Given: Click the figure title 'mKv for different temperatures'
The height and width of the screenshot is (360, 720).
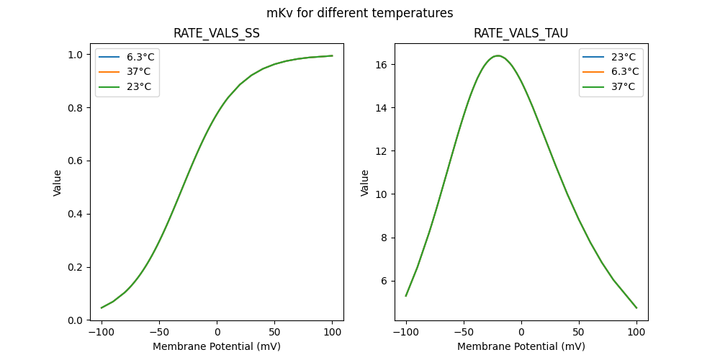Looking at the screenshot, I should (360, 13).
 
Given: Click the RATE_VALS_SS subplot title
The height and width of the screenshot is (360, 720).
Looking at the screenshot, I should (217, 34).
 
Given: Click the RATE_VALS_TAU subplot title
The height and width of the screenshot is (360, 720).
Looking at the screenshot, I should (521, 34).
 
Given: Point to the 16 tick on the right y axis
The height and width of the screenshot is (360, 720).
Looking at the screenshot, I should (383, 65).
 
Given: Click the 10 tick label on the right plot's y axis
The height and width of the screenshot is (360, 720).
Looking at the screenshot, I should (383, 194).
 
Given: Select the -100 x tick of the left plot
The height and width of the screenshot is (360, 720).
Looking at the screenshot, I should (102, 332).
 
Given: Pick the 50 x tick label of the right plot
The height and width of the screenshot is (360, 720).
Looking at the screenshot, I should (579, 332).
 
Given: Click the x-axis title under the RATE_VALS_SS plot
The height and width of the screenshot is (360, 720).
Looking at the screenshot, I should (217, 346).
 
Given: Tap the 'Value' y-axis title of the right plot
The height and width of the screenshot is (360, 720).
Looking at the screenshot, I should (365, 183).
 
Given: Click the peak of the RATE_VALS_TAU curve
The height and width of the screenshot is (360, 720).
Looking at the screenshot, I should (498, 55).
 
